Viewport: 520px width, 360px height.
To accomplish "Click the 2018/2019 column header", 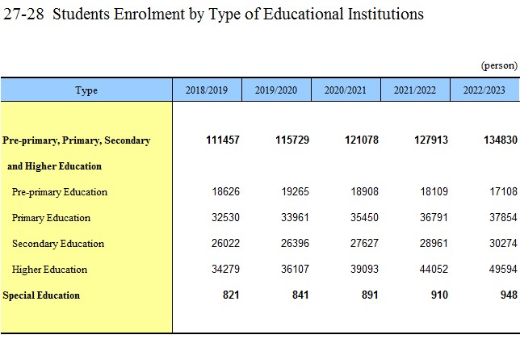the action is (207, 90).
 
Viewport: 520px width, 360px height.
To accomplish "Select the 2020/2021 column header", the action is (346, 90).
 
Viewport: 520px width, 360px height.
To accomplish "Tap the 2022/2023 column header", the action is (484, 90).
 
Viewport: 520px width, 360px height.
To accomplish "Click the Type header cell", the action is (86, 90).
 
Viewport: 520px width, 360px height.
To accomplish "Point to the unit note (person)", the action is (499, 65).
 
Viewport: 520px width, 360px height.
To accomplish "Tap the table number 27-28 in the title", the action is (23, 15).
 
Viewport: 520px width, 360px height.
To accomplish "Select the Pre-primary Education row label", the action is (60, 192).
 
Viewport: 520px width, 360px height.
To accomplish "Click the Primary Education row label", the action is (51, 218).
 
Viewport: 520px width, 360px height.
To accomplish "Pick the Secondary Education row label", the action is (58, 244).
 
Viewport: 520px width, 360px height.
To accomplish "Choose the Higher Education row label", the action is (49, 270).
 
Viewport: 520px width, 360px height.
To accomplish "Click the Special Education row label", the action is (41, 295).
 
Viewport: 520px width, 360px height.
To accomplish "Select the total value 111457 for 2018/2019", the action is (223, 140).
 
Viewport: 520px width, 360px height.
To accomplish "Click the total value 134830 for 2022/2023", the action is (501, 140).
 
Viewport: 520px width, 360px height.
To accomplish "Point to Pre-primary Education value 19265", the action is (296, 191).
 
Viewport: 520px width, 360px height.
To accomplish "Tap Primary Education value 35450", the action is (364, 217).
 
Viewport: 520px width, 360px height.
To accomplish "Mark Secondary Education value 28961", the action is (434, 243).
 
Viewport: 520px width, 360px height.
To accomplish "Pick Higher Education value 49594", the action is (503, 269).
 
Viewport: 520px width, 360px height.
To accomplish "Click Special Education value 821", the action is (231, 295).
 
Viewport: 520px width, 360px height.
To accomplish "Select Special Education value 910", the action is (439, 295).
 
